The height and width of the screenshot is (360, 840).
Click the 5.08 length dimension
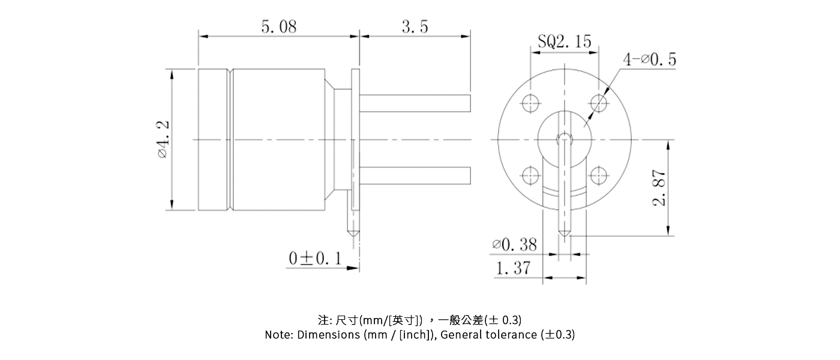tap(278, 27)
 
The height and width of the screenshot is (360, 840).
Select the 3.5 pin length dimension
tap(415, 27)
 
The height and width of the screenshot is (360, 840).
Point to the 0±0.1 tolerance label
tap(315, 258)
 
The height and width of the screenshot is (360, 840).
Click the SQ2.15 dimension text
tap(564, 41)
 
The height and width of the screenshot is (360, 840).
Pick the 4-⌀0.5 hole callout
tap(650, 59)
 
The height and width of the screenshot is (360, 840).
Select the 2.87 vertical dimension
tap(660, 188)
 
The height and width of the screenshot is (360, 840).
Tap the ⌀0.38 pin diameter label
tap(514, 244)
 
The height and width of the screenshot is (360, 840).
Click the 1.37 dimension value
tap(513, 268)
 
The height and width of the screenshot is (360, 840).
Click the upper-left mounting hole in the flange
tap(530, 103)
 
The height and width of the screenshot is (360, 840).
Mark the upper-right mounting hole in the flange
tap(598, 103)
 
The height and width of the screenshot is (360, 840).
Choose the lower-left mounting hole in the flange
tap(530, 176)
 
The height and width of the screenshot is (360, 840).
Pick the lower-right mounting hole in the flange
tap(598, 176)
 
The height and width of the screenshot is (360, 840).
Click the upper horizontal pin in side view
tap(414, 103)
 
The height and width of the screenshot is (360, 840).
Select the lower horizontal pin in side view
tap(414, 176)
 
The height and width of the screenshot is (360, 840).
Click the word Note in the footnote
tap(278, 335)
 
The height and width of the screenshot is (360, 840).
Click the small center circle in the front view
tap(564, 139)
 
